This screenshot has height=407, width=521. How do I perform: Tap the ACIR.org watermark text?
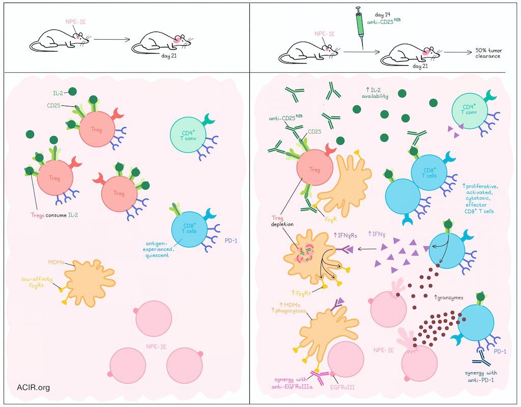point(33,387)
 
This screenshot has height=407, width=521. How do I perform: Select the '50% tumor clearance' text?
point(488,53)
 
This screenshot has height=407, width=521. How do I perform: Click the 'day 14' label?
point(383,15)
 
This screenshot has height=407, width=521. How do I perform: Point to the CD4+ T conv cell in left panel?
point(188,134)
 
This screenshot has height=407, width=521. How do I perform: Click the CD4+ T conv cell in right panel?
point(470,110)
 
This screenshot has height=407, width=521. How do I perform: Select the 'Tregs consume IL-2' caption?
point(54,215)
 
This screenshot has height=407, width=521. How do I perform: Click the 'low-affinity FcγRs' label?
point(37,282)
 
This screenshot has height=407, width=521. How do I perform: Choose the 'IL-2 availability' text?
point(375,93)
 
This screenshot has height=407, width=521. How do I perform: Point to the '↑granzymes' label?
point(449,298)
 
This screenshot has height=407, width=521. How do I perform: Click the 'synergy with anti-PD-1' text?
point(481,376)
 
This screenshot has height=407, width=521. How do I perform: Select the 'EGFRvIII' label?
point(342,387)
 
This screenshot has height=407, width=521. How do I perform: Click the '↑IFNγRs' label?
point(345,235)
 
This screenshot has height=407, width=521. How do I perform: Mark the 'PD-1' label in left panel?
point(231,241)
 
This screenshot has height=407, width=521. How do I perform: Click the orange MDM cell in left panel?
point(90,283)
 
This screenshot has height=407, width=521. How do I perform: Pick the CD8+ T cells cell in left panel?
point(189,229)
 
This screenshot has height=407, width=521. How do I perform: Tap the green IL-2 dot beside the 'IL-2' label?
point(72,92)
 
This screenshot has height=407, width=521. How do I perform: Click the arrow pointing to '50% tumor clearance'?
point(458,52)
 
